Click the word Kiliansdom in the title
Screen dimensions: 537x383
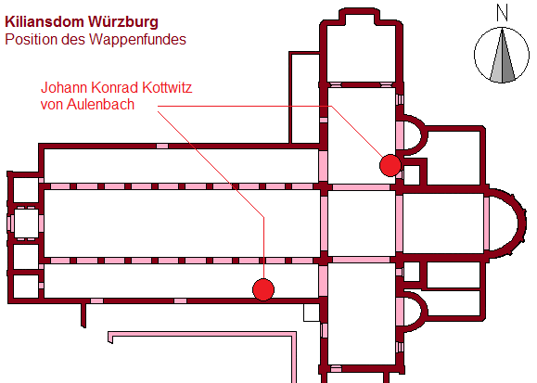(45, 21)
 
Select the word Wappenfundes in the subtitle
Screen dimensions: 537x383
(137, 39)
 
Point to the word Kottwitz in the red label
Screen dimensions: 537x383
(167, 88)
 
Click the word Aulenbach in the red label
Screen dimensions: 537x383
(100, 104)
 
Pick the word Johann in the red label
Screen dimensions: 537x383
(64, 88)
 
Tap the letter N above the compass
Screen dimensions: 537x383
(502, 13)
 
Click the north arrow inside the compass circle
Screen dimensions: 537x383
(503, 56)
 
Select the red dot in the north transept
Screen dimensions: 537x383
(390, 165)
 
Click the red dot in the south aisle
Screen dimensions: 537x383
(263, 289)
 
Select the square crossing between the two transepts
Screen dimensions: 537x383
(362, 223)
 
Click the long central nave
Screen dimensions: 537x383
(182, 223)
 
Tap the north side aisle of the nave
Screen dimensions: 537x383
(182, 166)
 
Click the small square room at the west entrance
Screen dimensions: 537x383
(26, 223)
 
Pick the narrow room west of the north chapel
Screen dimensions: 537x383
(304, 97)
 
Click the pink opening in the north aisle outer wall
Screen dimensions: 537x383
(162, 146)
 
